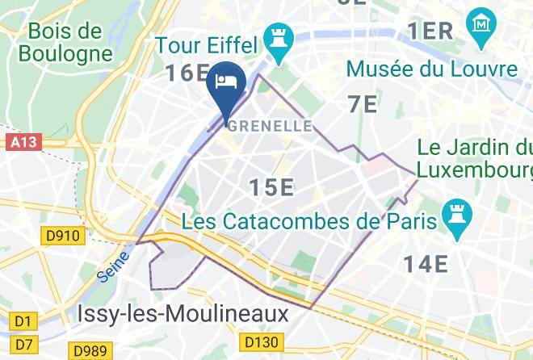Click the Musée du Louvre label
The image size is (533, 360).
click(432, 69)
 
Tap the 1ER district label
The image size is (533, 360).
click(430, 31)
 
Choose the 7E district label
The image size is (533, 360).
click(363, 104)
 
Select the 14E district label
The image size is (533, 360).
click(426, 263)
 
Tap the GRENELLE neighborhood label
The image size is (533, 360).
click(270, 126)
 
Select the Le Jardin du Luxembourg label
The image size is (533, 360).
click(475, 160)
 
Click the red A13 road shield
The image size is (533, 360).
click(24, 143)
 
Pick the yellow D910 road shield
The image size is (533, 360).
click(59, 236)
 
